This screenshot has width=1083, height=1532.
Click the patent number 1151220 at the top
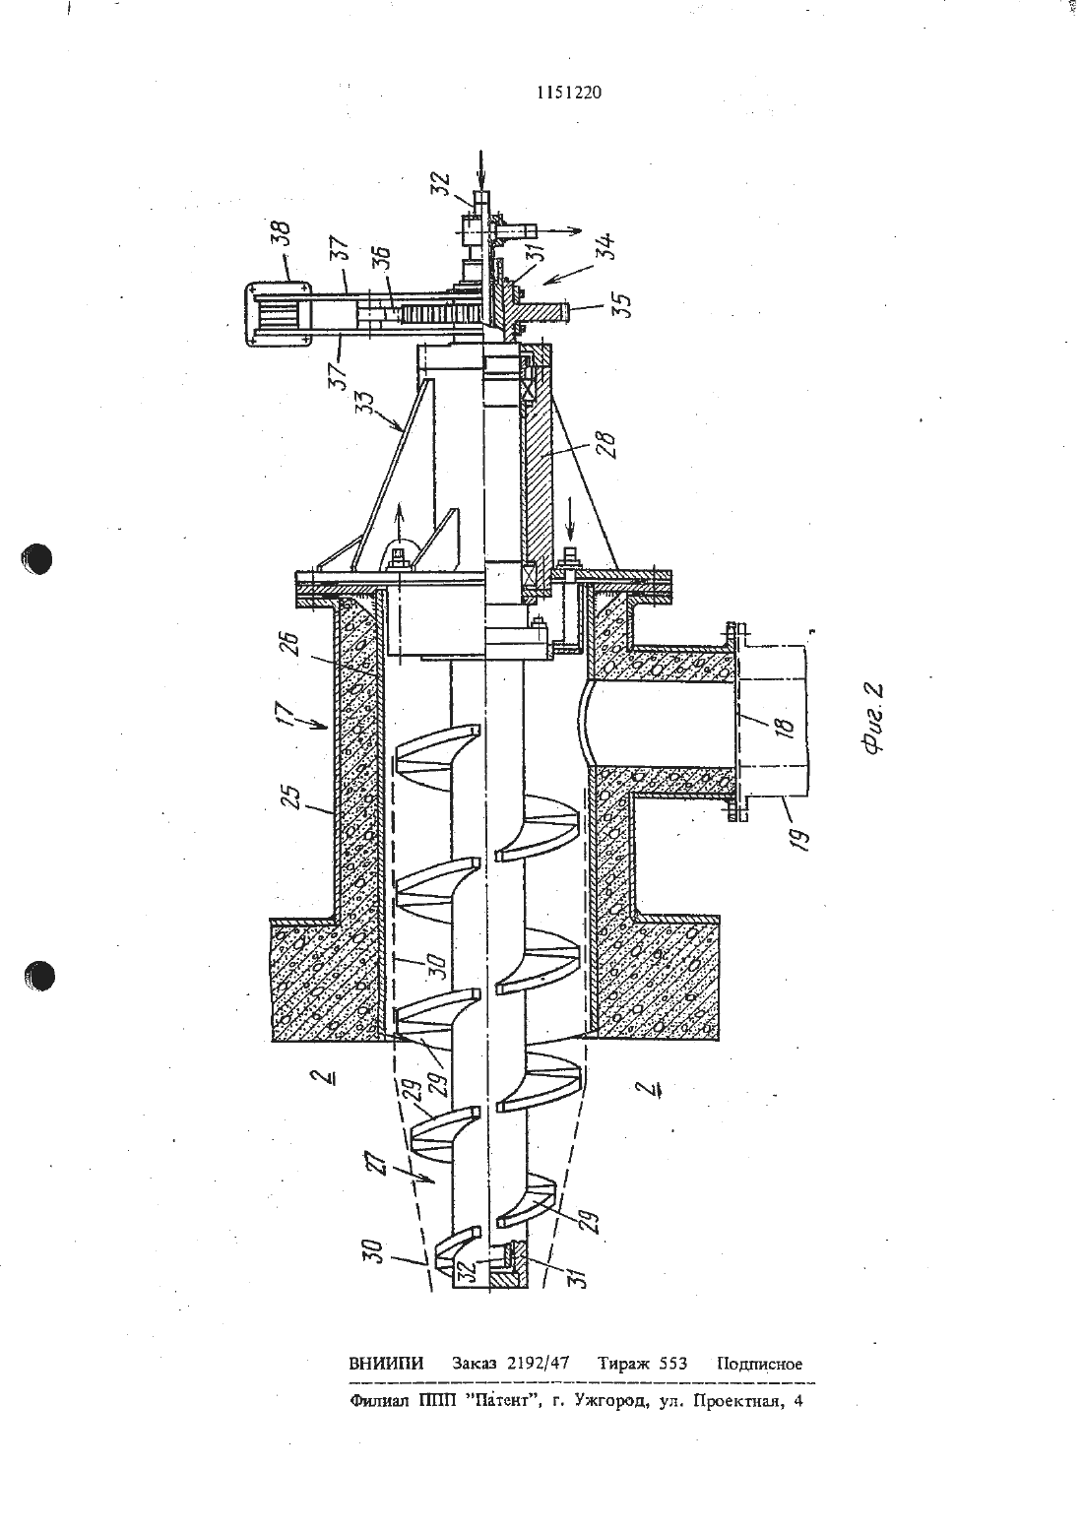[569, 93]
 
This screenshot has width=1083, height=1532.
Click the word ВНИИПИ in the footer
[386, 1363]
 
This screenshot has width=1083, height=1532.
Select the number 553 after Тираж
[672, 1363]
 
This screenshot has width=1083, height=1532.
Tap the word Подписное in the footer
[759, 1364]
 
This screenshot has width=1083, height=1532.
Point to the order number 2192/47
[539, 1363]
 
